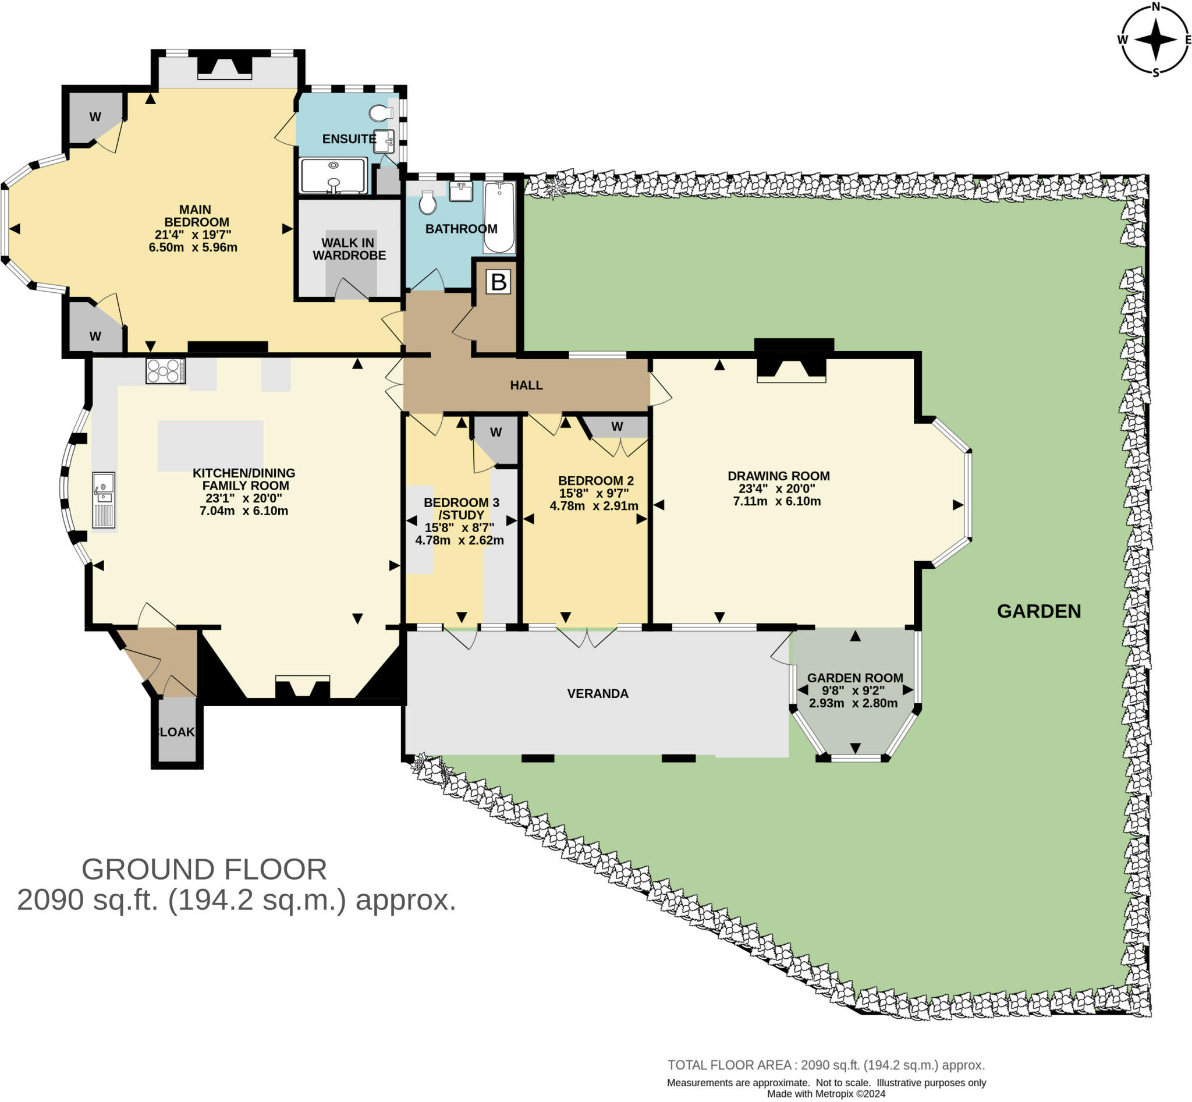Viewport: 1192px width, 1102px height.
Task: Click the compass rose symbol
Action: (x=1155, y=40)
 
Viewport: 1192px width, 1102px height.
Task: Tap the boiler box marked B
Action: (x=498, y=282)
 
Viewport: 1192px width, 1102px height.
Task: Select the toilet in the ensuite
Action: (x=381, y=112)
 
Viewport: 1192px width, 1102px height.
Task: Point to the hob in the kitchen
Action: (x=165, y=370)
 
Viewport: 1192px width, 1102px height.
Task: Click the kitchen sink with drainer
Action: (x=104, y=499)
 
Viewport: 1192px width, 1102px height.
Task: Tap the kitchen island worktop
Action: (x=210, y=445)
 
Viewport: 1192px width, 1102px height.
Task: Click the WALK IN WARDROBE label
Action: (x=349, y=249)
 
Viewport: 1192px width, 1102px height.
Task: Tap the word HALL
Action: (x=526, y=385)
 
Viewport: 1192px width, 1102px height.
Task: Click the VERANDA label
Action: (x=598, y=693)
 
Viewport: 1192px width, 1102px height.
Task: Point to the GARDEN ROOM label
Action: (x=854, y=678)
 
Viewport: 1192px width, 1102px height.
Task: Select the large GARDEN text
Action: (x=1039, y=611)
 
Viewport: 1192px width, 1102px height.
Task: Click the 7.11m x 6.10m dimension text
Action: (x=776, y=501)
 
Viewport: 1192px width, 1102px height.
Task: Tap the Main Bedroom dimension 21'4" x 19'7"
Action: (x=193, y=235)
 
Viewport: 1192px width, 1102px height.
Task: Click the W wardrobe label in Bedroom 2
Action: (x=617, y=426)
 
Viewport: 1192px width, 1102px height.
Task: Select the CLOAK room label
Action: (x=176, y=732)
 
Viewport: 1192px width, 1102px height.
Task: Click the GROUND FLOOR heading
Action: (x=204, y=870)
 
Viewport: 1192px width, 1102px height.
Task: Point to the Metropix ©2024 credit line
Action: (x=826, y=1094)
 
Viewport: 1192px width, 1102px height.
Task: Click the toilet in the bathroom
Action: (x=428, y=203)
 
